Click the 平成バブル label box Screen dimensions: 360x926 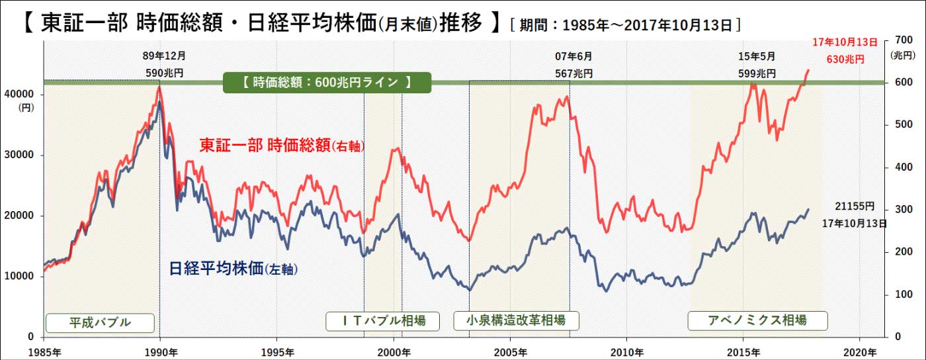(100, 322)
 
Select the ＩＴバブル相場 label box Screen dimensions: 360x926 (384, 321)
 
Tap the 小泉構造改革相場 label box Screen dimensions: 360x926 (515, 321)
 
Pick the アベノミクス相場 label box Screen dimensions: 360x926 (757, 321)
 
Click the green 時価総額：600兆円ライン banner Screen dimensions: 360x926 (326, 83)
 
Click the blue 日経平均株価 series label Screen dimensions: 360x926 (233, 269)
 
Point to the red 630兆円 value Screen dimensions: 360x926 (845, 59)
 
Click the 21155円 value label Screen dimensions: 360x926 (856, 206)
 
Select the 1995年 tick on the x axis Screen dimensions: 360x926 (277, 351)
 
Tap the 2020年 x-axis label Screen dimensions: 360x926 (859, 351)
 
